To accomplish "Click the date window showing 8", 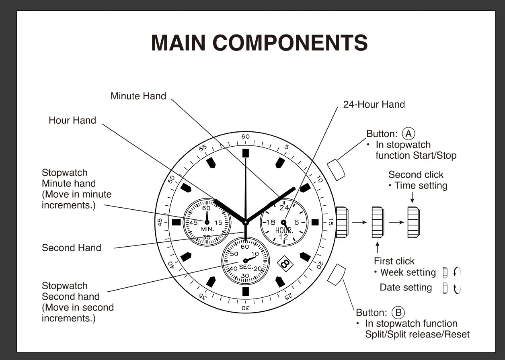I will [285, 264].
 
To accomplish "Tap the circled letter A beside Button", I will [409, 133].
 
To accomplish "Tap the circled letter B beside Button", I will [398, 312].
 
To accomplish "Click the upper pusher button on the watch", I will [336, 169].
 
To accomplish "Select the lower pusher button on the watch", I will [336, 275].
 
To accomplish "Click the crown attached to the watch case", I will [342, 222].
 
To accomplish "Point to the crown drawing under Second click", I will [413, 222].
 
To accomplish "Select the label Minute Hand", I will [138, 96].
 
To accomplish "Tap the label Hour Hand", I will [72, 120].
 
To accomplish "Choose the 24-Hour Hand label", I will [374, 104].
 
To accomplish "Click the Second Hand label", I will [72, 248].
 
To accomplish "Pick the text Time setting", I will [421, 186].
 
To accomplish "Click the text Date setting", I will [406, 288].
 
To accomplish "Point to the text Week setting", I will [408, 272].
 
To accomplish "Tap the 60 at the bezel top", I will [245, 137].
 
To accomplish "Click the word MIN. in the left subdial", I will [208, 229].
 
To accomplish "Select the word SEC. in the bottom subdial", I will [246, 267].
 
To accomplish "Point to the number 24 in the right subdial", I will [284, 208].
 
